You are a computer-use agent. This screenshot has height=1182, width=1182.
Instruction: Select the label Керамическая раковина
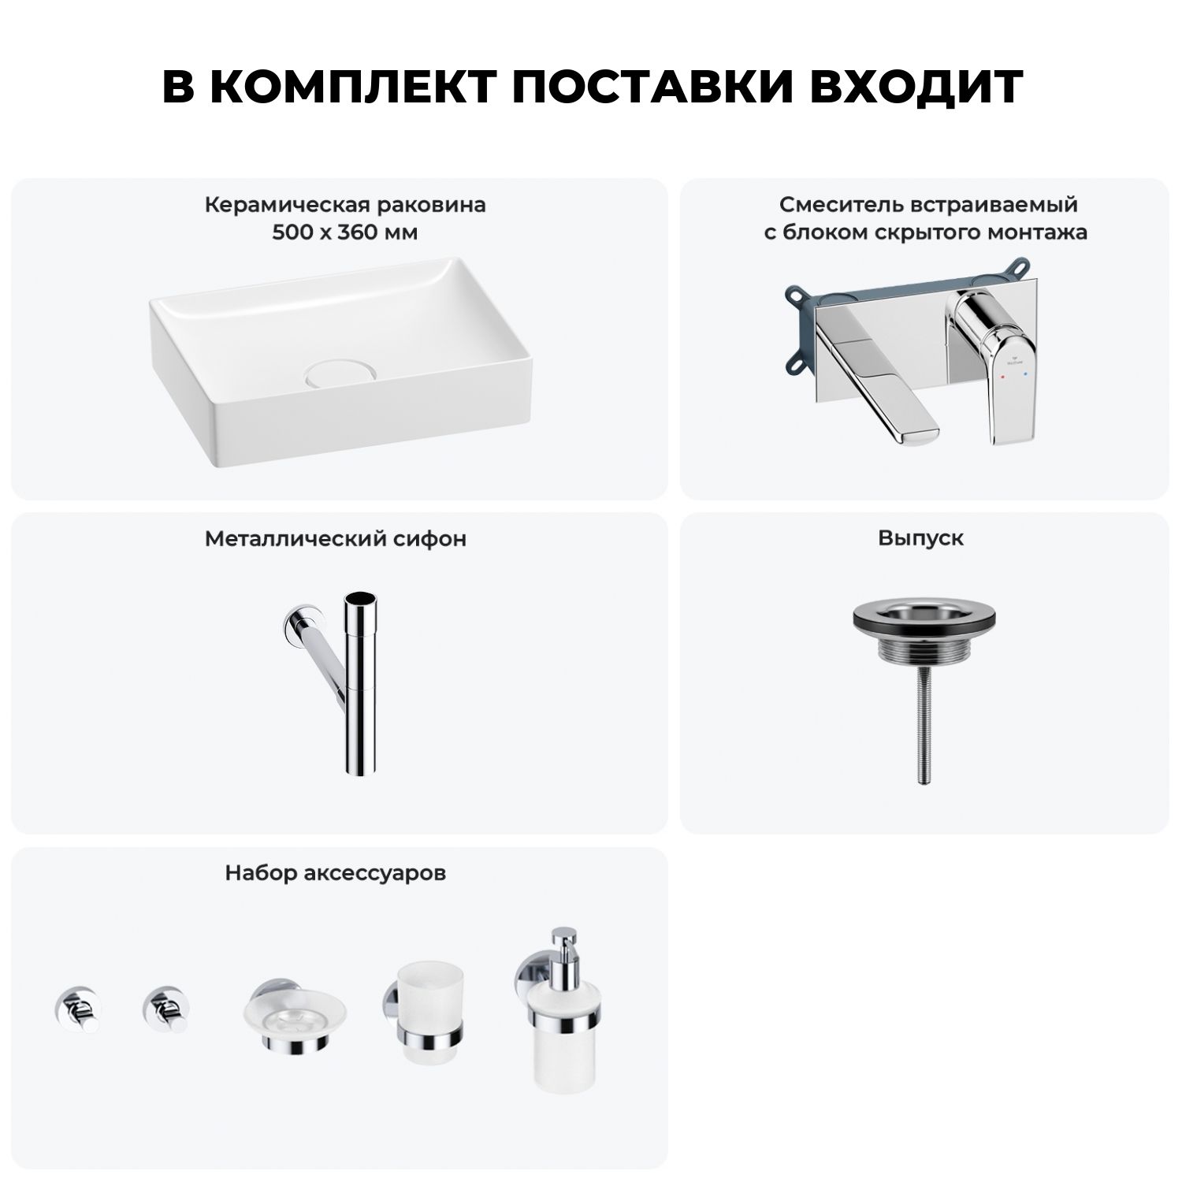pyautogui.click(x=345, y=206)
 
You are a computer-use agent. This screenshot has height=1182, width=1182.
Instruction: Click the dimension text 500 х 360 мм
pyautogui.click(x=345, y=232)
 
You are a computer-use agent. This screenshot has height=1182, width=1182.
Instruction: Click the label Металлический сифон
pyautogui.click(x=336, y=539)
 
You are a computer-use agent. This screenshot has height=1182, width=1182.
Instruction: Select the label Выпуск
pyautogui.click(x=921, y=539)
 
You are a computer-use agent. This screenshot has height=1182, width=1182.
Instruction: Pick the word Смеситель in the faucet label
pyautogui.click(x=841, y=206)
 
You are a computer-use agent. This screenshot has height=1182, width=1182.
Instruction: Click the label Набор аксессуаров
pyautogui.click(x=336, y=873)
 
